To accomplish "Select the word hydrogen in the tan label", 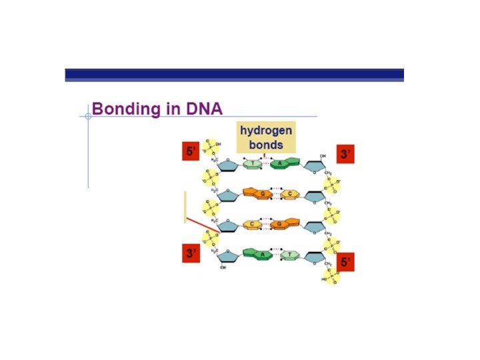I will (x=266, y=131).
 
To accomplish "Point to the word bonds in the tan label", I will (x=266, y=144).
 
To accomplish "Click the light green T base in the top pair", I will (x=253, y=163).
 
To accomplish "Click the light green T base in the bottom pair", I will (x=290, y=255).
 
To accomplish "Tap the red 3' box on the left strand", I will (x=191, y=253).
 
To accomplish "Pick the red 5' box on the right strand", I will (x=345, y=262).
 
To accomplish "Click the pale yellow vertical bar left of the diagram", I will (x=185, y=207).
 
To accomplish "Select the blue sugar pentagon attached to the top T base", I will (x=227, y=163).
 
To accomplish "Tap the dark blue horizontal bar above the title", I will (x=234, y=74).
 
